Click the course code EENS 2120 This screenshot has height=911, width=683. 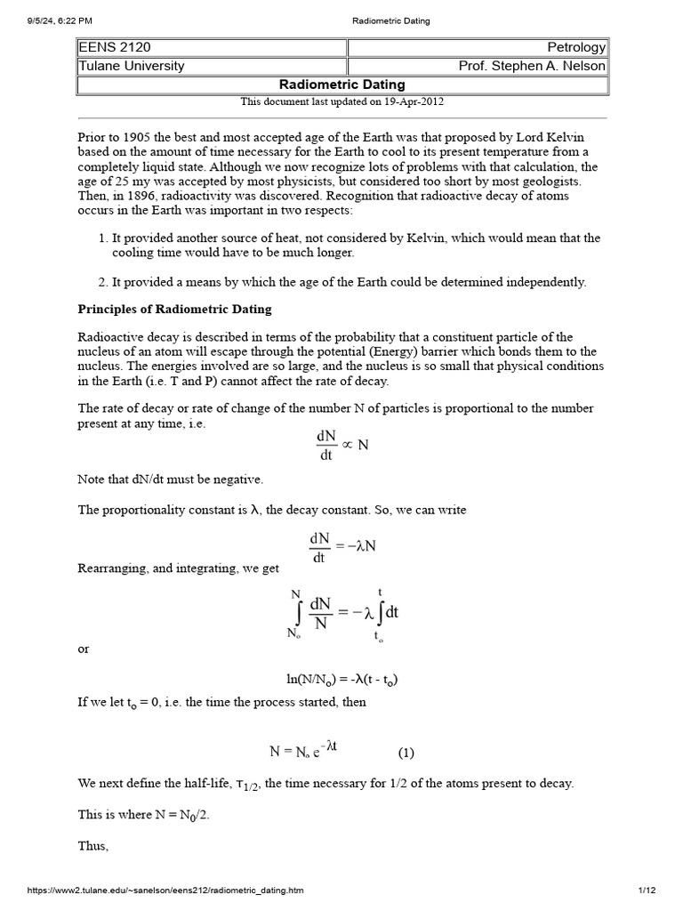(x=112, y=47)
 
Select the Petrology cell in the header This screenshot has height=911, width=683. (x=577, y=47)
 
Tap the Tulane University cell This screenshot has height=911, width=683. (x=133, y=66)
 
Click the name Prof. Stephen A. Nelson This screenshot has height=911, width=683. (x=532, y=66)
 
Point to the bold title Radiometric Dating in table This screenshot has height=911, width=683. (x=342, y=85)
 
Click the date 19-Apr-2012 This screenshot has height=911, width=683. (x=411, y=101)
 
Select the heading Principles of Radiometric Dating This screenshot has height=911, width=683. (x=175, y=310)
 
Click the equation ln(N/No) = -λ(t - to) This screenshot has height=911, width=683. (x=342, y=680)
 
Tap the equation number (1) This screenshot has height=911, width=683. (x=406, y=752)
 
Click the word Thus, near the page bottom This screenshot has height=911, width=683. (x=93, y=846)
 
